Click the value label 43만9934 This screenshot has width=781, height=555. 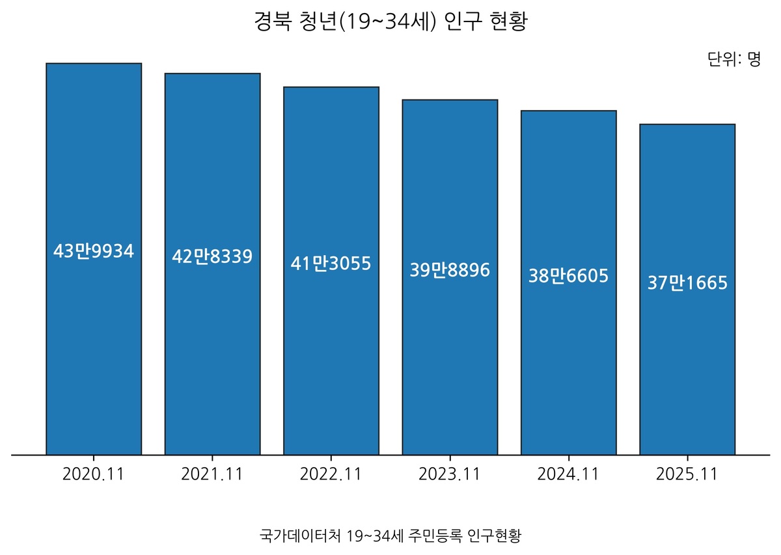(x=94, y=251)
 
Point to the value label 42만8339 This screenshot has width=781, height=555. (x=212, y=257)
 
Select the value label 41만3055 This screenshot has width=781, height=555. (x=331, y=264)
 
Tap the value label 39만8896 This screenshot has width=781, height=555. (x=450, y=270)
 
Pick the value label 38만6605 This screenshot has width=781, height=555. (x=568, y=276)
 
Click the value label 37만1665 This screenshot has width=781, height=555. (x=687, y=284)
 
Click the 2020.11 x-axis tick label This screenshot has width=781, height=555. (x=94, y=474)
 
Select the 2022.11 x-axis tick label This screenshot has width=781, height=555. (x=331, y=474)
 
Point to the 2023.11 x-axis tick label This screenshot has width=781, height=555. (x=450, y=474)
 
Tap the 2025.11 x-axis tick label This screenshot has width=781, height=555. (x=687, y=474)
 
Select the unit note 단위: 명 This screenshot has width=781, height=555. (x=734, y=60)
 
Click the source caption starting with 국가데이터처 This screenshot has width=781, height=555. (x=390, y=535)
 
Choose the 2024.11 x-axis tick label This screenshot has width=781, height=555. (x=568, y=474)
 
